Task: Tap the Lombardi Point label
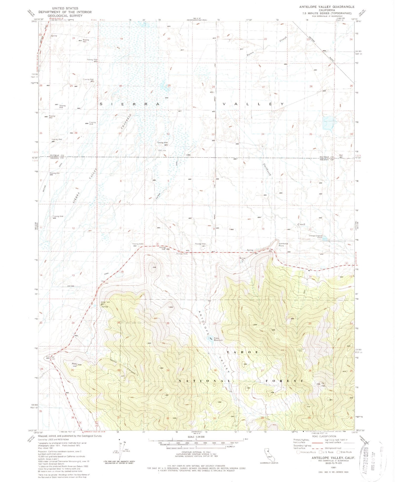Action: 283,245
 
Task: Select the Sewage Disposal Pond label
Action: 315,236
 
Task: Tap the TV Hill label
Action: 323,385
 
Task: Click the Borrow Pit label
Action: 242,259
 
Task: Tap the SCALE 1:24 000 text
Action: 196,437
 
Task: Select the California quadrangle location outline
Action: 267,454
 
